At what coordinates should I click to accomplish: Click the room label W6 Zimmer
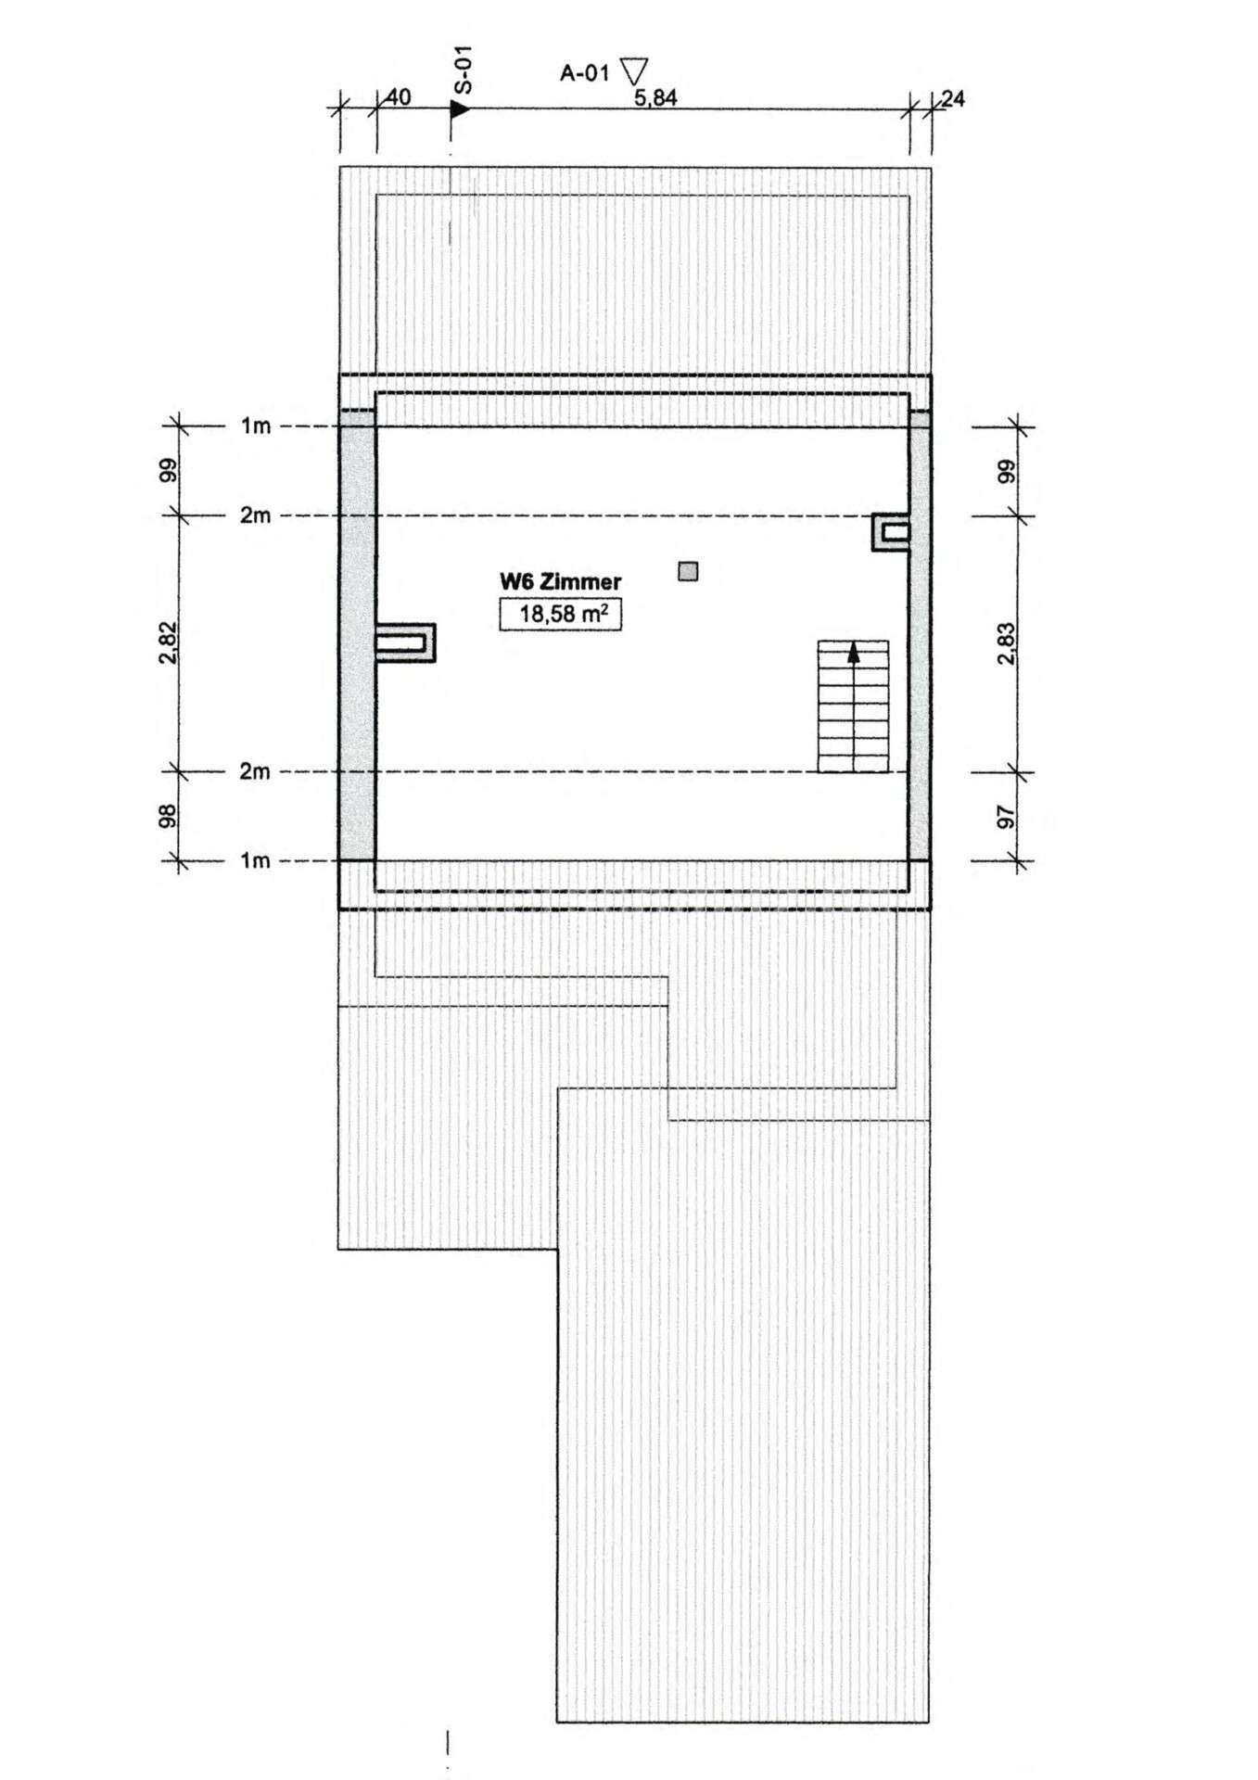click(x=560, y=581)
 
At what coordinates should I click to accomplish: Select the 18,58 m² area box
click(x=560, y=614)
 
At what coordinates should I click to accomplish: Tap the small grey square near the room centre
click(x=688, y=571)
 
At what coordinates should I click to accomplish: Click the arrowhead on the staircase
click(x=854, y=653)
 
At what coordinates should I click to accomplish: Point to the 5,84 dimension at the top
click(x=655, y=97)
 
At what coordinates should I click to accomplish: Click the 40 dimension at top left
click(x=398, y=97)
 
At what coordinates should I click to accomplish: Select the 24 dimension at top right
click(x=953, y=98)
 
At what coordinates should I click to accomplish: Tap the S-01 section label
click(x=464, y=70)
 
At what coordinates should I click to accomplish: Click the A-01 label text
click(x=584, y=73)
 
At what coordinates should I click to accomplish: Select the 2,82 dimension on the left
click(x=168, y=642)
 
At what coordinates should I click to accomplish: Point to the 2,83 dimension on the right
click(x=1007, y=643)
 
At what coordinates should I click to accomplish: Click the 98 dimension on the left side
click(x=168, y=815)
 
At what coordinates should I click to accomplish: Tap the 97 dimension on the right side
click(x=1007, y=817)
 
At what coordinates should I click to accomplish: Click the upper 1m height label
click(x=256, y=426)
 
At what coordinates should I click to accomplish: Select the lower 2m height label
click(x=256, y=771)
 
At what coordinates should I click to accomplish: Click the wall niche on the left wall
click(x=405, y=642)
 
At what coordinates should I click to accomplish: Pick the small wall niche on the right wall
click(x=891, y=533)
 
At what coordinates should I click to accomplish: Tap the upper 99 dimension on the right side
click(x=1007, y=471)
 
